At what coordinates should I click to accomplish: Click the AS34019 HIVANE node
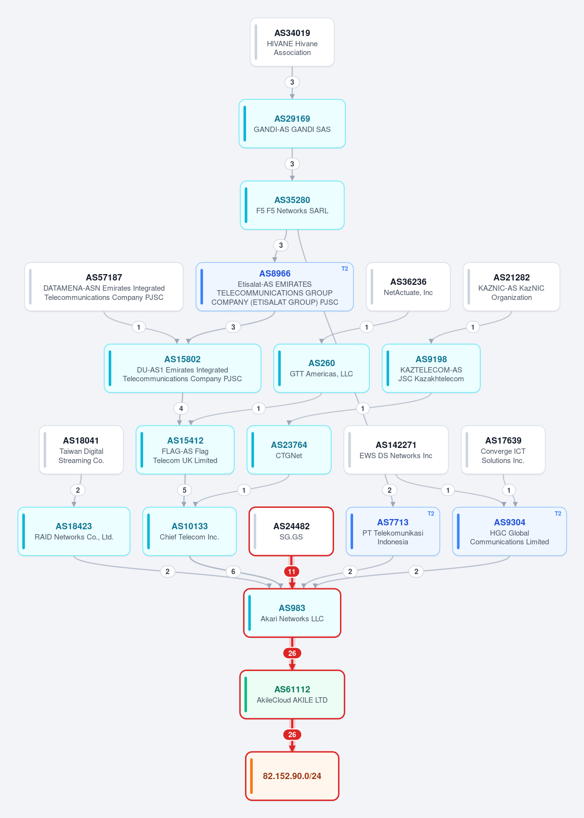[292, 42]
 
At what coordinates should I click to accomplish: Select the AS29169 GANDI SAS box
[292, 124]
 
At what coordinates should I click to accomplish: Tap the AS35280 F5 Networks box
[292, 205]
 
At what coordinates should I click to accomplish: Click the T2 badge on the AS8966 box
[344, 269]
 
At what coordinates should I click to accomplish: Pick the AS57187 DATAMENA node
[104, 287]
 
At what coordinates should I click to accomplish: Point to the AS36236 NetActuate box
[408, 287]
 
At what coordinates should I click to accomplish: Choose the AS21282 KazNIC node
[511, 287]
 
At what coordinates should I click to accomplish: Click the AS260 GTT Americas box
[321, 368]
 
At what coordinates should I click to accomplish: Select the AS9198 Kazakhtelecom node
[431, 368]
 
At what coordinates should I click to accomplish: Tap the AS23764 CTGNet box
[289, 450]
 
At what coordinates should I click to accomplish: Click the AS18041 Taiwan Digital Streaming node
[81, 450]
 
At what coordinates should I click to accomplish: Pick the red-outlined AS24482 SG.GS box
[291, 531]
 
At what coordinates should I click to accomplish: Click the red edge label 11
[291, 572]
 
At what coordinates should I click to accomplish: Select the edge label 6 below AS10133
[233, 572]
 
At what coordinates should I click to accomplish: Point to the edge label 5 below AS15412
[185, 490]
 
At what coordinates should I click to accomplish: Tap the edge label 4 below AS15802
[181, 408]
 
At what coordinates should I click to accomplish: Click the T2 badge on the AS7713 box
[431, 514]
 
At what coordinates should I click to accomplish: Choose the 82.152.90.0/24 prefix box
[292, 776]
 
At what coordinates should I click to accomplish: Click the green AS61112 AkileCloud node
[292, 694]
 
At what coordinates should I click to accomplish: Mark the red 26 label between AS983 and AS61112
[292, 653]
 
